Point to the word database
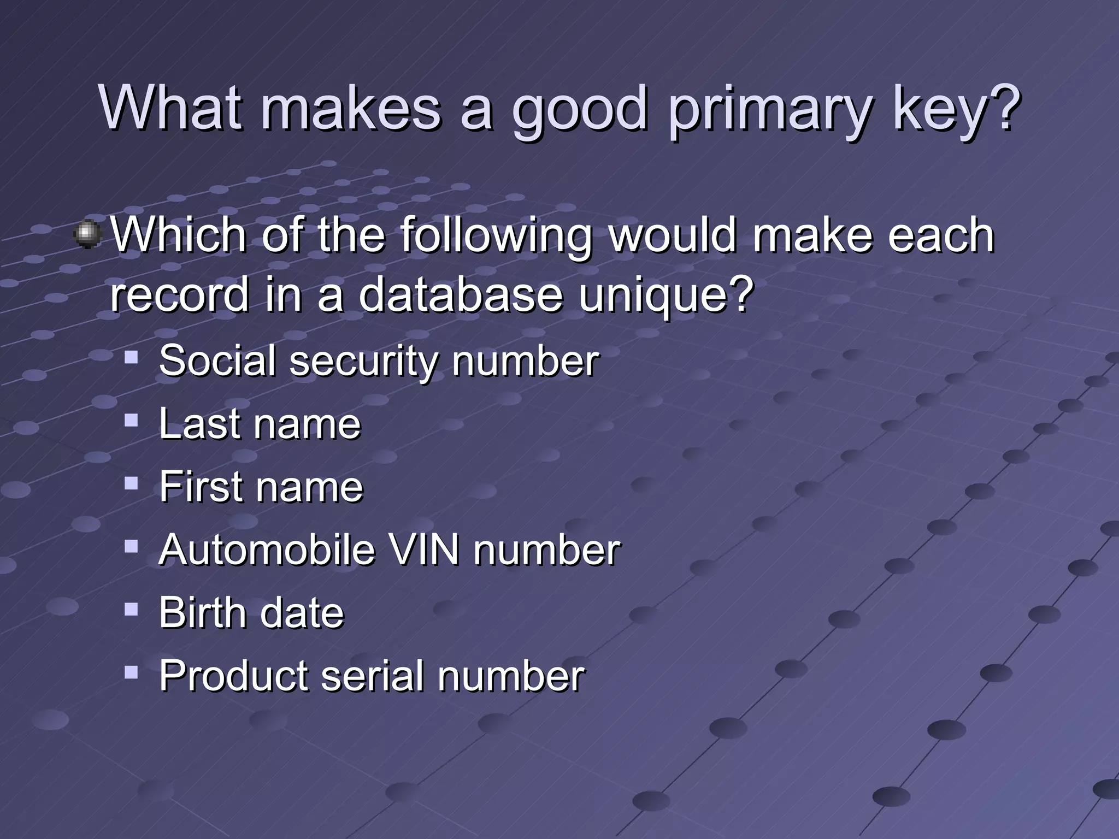(460, 295)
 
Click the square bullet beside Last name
(131, 420)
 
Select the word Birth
(202, 612)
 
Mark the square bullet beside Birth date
(131, 608)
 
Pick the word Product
(233, 676)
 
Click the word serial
(372, 676)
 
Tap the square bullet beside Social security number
(131, 357)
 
